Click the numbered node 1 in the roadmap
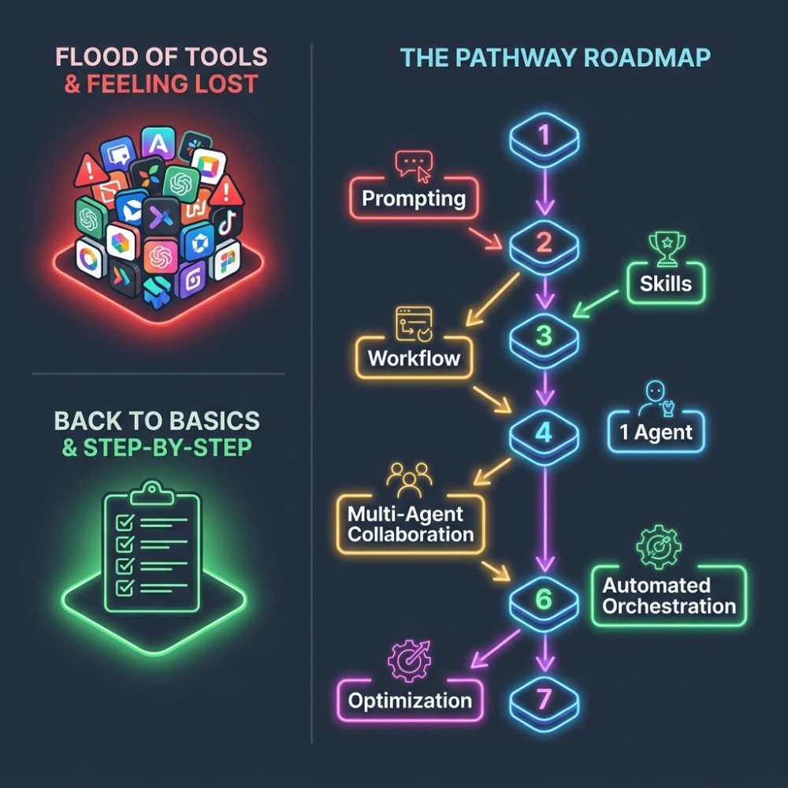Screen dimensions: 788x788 [x=545, y=139]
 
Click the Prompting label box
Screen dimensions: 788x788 [x=414, y=199]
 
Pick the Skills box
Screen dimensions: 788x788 [x=666, y=284]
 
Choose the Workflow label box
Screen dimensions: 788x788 [x=414, y=358]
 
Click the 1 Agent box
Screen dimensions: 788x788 [x=656, y=432]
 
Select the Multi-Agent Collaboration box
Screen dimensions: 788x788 [x=411, y=524]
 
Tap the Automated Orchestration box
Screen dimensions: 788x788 [x=669, y=596]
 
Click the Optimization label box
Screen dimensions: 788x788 [x=410, y=701]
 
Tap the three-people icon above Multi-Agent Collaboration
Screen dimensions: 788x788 [x=410, y=480]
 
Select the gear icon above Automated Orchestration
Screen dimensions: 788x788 [x=659, y=547]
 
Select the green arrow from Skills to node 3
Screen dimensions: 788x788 [x=596, y=303]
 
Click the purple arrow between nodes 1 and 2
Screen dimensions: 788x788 [x=545, y=191]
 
